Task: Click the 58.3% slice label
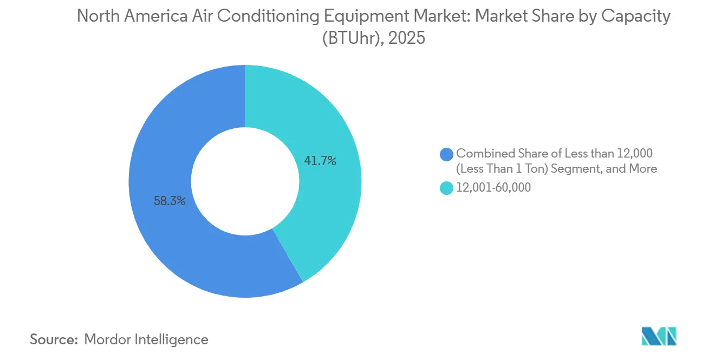click(x=170, y=201)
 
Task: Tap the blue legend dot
click(x=447, y=154)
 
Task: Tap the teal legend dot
click(x=447, y=188)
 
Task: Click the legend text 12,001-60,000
click(x=493, y=188)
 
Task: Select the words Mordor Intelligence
click(x=146, y=339)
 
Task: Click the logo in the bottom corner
click(x=658, y=336)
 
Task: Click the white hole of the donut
click(x=245, y=181)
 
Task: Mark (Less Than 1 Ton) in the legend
click(x=501, y=168)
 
